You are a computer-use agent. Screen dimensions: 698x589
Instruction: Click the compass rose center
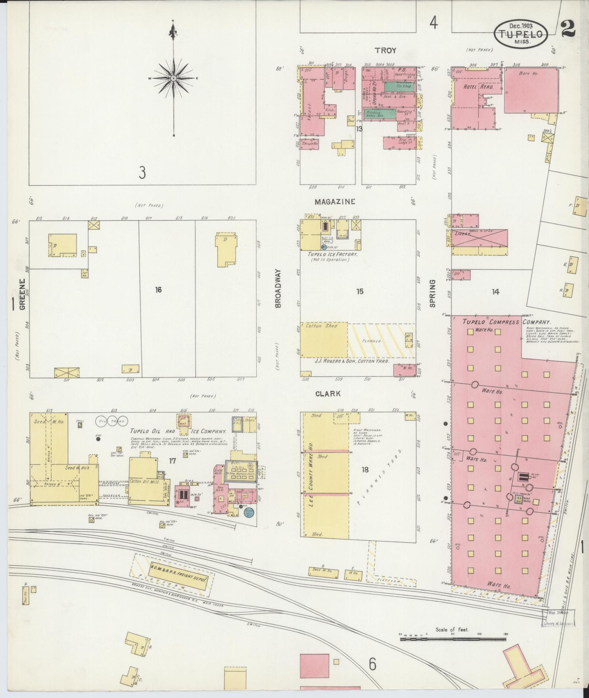[173, 78]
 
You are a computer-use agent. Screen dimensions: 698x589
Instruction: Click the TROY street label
[385, 50]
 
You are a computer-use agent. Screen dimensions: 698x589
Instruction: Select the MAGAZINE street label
[335, 201]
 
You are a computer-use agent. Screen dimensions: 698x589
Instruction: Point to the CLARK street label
[328, 394]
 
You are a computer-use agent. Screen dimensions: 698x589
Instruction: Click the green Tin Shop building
[399, 86]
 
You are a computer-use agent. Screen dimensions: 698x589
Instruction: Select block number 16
[158, 290]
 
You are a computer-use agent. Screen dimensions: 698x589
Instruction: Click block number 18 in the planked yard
[365, 470]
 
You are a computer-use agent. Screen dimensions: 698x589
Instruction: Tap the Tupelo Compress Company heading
[506, 322]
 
